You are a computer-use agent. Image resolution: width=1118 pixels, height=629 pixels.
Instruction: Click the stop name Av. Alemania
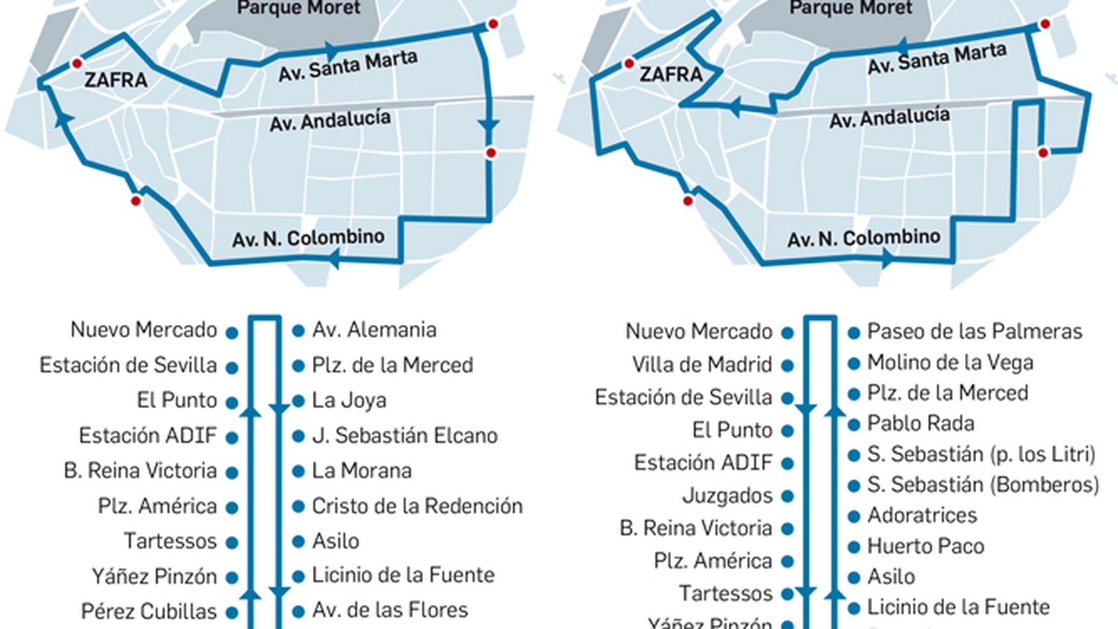(374, 330)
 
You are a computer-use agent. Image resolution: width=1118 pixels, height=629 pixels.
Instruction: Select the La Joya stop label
(349, 400)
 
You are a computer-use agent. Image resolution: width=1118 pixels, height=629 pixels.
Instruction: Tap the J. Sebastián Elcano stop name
(405, 435)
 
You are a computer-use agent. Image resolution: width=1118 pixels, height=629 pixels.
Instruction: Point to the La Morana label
(361, 470)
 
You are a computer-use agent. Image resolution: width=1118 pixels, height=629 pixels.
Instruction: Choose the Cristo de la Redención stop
(416, 505)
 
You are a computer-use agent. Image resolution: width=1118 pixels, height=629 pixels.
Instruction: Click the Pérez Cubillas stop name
(149, 611)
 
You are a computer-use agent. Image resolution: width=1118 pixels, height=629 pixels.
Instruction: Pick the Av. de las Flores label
(389, 610)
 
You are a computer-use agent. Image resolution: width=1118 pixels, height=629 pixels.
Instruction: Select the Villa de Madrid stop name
(702, 364)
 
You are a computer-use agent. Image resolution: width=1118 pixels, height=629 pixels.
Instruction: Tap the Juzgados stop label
(727, 496)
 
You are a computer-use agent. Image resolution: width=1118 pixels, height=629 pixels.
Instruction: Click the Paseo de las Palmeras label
(974, 331)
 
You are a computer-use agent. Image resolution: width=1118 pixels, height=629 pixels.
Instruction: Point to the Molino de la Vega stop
(950, 362)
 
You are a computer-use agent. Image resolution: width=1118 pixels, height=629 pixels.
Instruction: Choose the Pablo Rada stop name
(920, 424)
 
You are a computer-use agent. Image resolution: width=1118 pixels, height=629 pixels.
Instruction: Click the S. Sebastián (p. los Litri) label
(981, 454)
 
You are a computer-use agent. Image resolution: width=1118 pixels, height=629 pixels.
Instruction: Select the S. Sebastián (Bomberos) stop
(982, 484)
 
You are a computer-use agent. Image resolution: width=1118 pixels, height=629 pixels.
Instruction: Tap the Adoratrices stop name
(922, 515)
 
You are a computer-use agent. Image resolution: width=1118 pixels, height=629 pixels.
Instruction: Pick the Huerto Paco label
(925, 546)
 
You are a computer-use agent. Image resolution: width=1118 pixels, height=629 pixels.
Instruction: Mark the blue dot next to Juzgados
(787, 497)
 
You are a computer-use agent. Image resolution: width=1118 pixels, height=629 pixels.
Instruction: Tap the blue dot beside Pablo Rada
(853, 424)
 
